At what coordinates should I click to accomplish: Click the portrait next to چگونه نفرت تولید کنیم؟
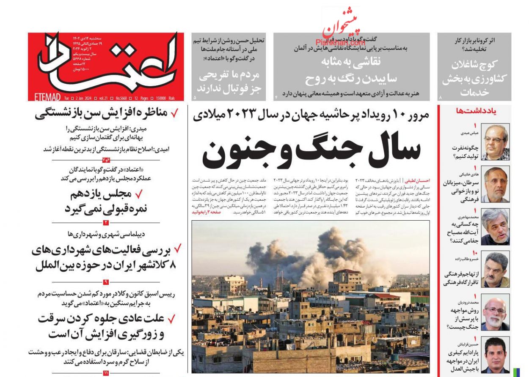click(x=495, y=142)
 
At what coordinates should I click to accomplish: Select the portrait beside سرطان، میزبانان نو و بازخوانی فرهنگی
click(x=495, y=185)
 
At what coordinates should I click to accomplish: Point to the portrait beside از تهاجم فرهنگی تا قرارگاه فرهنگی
click(x=495, y=269)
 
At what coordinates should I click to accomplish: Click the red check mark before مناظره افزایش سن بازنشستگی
click(x=174, y=113)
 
